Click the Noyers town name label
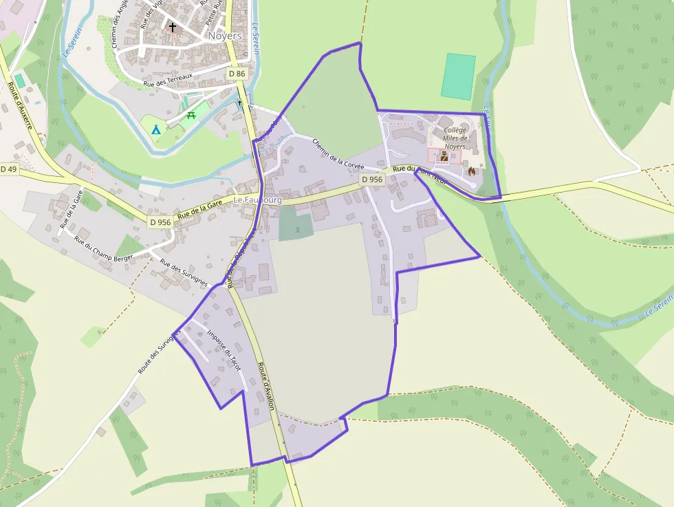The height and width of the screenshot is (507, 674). pos(224,35)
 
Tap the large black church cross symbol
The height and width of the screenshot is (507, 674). pos(173,28)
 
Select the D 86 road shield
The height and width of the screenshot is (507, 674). pos(236,74)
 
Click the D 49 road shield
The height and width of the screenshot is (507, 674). pos(8,169)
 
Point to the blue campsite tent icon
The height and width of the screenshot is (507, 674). pos(155,129)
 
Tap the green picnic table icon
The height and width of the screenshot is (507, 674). pos(191,116)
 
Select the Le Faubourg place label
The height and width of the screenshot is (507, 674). pos(257,200)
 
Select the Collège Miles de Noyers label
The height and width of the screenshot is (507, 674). pos(455,138)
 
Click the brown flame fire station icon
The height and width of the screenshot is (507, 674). pos(472,170)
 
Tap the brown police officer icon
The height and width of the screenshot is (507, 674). pos(444,158)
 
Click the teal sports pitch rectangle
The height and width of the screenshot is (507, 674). pos(458,76)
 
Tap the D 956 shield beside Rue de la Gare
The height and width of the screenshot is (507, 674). pos(160,222)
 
